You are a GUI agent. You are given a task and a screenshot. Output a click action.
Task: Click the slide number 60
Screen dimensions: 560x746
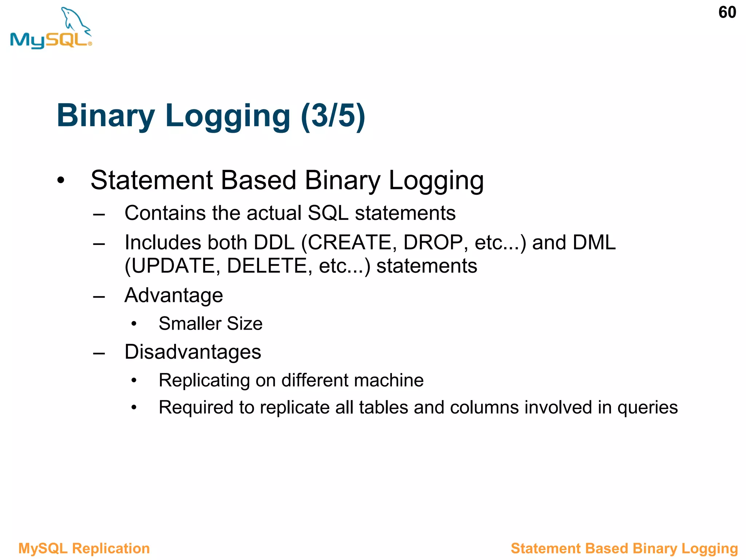pyautogui.click(x=727, y=13)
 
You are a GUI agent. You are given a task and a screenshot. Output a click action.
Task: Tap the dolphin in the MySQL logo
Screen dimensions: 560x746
pyautogui.click(x=75, y=20)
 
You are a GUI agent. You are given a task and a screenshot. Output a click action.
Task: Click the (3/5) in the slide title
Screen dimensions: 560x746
pyautogui.click(x=333, y=116)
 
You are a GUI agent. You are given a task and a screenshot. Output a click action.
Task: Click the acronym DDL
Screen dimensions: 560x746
pyautogui.click(x=274, y=242)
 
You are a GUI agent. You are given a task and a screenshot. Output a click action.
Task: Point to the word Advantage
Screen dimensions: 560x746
pyautogui.click(x=174, y=295)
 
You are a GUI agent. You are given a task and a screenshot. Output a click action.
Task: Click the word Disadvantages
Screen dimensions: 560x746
pyautogui.click(x=193, y=352)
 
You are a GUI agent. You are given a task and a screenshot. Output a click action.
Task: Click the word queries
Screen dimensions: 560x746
pyautogui.click(x=647, y=408)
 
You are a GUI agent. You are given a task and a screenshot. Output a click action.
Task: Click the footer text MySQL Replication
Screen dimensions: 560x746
pyautogui.click(x=84, y=548)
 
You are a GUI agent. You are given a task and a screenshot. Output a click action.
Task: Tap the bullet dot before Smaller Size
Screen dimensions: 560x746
pyautogui.click(x=134, y=324)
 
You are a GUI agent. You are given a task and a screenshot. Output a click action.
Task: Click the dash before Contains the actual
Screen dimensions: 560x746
pyautogui.click(x=99, y=214)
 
